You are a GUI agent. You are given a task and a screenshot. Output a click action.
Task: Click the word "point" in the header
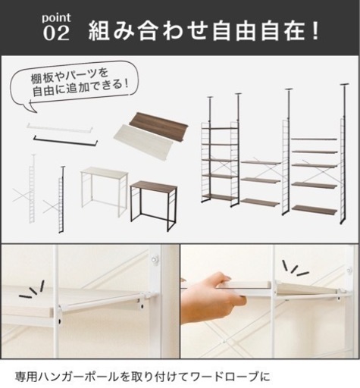[56, 18]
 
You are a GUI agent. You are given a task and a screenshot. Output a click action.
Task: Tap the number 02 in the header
[56, 33]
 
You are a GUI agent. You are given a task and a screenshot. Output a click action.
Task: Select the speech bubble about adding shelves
[74, 85]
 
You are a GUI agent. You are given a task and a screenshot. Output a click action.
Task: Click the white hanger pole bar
[60, 127]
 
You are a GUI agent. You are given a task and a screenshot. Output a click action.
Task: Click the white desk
[105, 192]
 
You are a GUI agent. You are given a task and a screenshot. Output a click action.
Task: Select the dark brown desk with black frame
[154, 205]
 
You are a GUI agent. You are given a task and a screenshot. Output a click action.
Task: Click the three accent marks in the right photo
[295, 268]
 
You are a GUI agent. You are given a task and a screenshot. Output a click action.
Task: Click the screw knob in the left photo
[154, 259]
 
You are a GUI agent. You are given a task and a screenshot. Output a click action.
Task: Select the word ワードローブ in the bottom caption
[224, 377]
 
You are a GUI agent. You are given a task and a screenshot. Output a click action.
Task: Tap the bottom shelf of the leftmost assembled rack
[219, 197]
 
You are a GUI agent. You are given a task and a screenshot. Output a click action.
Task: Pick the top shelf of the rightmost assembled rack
[314, 139]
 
